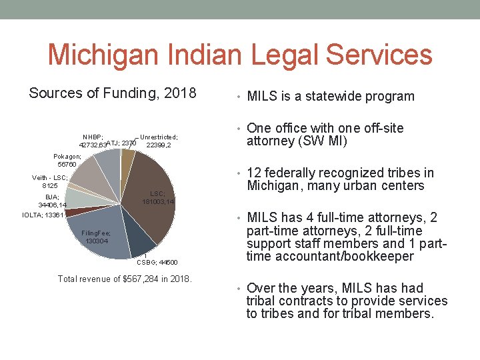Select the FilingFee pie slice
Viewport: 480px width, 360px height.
[x=100, y=233]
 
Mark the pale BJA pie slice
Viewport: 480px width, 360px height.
[x=80, y=198]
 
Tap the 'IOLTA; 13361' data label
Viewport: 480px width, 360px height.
[x=43, y=215]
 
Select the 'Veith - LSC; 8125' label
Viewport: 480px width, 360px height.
[x=50, y=181]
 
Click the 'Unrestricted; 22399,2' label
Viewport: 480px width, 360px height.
[x=159, y=141]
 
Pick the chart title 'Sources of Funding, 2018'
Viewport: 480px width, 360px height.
[x=113, y=93]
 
